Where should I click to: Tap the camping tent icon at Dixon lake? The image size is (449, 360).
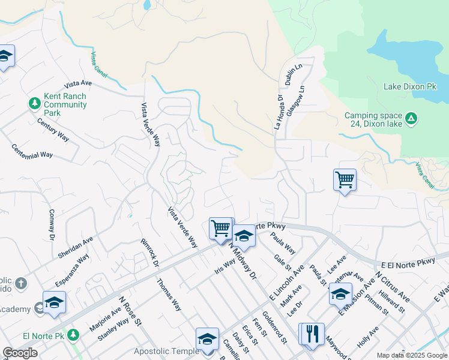coord(411,118)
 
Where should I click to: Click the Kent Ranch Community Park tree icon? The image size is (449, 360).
coord(35,103)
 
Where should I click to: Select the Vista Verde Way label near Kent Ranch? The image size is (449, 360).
coord(151,125)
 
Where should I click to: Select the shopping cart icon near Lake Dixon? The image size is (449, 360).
coord(345,179)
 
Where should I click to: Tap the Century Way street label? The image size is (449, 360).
coord(53,130)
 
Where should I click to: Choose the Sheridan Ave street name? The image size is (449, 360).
coord(76,247)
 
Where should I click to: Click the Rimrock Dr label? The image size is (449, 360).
coord(149,254)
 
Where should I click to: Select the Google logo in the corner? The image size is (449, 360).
coord(20,353)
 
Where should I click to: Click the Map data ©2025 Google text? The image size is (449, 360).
coord(411,355)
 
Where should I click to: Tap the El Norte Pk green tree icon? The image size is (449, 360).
coord(74,334)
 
